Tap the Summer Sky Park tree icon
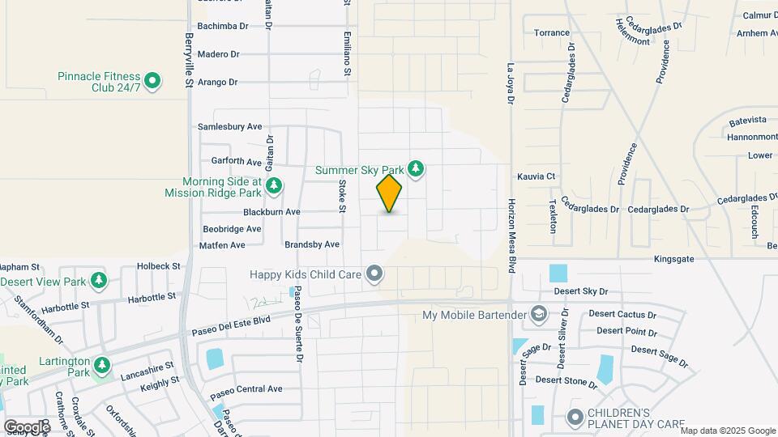tap(416, 169)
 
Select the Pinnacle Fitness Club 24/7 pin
tap(152, 81)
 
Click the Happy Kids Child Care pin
tap(374, 274)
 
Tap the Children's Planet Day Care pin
tap(575, 418)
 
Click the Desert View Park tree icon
tap(99, 281)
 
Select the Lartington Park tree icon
tap(102, 367)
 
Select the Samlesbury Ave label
tap(230, 127)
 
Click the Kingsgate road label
tap(674, 259)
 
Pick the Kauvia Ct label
tap(536, 176)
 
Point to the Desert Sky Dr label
tap(581, 291)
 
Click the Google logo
tap(26, 426)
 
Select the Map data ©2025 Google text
tap(727, 430)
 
